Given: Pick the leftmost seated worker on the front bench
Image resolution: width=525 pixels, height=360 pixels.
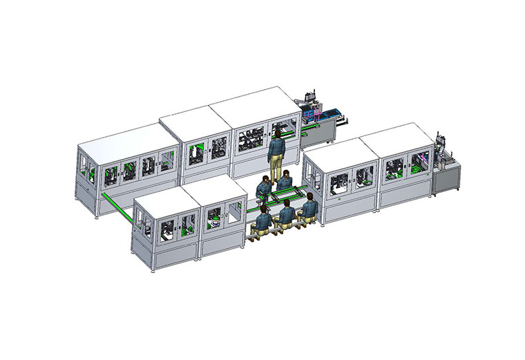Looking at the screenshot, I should (263, 219).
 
